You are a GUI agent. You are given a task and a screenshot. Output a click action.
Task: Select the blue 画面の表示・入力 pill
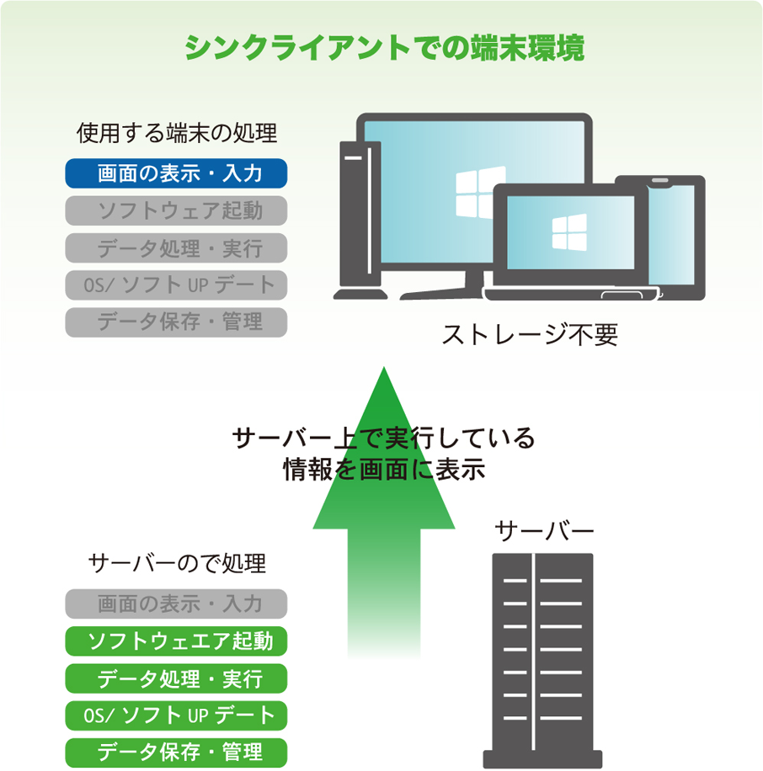click(x=177, y=174)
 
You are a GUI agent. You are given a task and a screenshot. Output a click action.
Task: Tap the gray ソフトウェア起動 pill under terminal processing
click(x=177, y=210)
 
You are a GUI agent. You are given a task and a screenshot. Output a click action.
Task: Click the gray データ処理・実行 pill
click(x=177, y=247)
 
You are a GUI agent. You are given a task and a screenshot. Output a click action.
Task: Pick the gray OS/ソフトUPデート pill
click(x=177, y=284)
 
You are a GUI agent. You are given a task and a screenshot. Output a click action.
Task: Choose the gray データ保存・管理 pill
click(x=177, y=322)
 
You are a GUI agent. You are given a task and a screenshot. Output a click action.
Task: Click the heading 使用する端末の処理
click(x=177, y=133)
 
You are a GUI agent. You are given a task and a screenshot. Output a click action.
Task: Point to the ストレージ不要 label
click(x=531, y=335)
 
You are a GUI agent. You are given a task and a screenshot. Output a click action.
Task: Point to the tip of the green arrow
click(x=383, y=370)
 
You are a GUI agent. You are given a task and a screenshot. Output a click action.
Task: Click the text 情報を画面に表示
click(x=384, y=469)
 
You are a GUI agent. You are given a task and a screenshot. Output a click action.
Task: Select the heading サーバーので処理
click(x=177, y=562)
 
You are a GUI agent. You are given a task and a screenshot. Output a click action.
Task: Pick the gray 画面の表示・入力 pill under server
click(x=177, y=604)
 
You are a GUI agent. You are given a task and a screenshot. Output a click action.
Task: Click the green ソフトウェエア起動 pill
click(x=177, y=641)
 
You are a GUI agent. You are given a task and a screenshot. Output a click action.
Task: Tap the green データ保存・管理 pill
click(x=177, y=752)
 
